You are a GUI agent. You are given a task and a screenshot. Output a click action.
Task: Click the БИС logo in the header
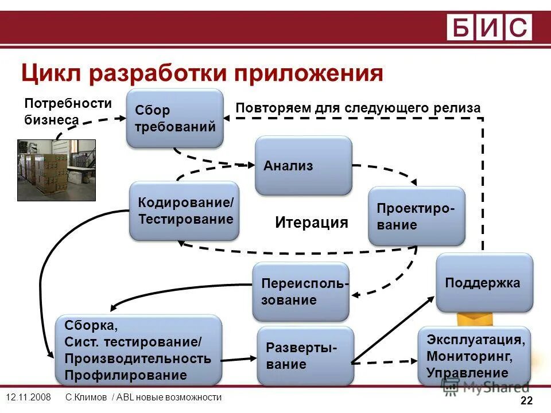pos(490,28)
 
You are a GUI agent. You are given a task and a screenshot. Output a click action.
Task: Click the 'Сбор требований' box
pos(175,118)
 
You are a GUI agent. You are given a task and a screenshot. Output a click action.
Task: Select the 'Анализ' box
pos(303,166)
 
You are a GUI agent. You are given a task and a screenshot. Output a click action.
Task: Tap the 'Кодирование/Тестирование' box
pos(184,211)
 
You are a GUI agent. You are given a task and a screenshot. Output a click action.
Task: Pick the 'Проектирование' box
pos(416,216)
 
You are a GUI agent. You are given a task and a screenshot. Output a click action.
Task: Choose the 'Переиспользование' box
pos(301,291)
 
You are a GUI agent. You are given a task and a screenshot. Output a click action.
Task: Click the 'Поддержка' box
pos(484,283)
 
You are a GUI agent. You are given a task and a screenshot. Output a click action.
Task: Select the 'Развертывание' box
pos(305,356)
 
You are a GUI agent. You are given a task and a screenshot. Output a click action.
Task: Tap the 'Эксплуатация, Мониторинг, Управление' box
pos(475,356)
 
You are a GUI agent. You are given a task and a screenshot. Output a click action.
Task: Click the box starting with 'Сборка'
pos(138,350)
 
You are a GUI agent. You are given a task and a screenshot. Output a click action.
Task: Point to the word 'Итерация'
pos(312,223)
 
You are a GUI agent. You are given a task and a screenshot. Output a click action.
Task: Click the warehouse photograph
pos(56,170)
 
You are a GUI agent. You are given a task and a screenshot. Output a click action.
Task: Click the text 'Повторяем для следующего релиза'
pos(358,108)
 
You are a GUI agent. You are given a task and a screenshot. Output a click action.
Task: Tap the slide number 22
pos(526,400)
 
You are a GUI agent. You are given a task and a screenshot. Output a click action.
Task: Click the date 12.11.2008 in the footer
pos(28,398)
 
